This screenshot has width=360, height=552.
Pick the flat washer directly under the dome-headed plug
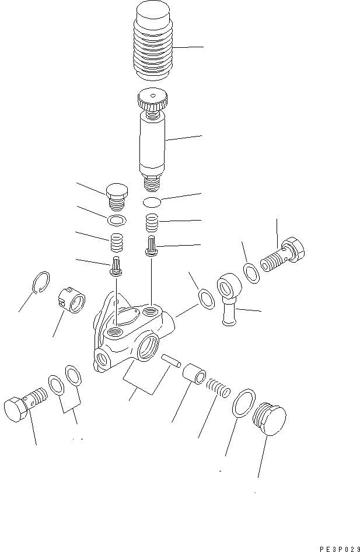117,220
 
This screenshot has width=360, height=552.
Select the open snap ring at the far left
40,282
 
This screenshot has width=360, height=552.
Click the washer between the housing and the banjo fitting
205,298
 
